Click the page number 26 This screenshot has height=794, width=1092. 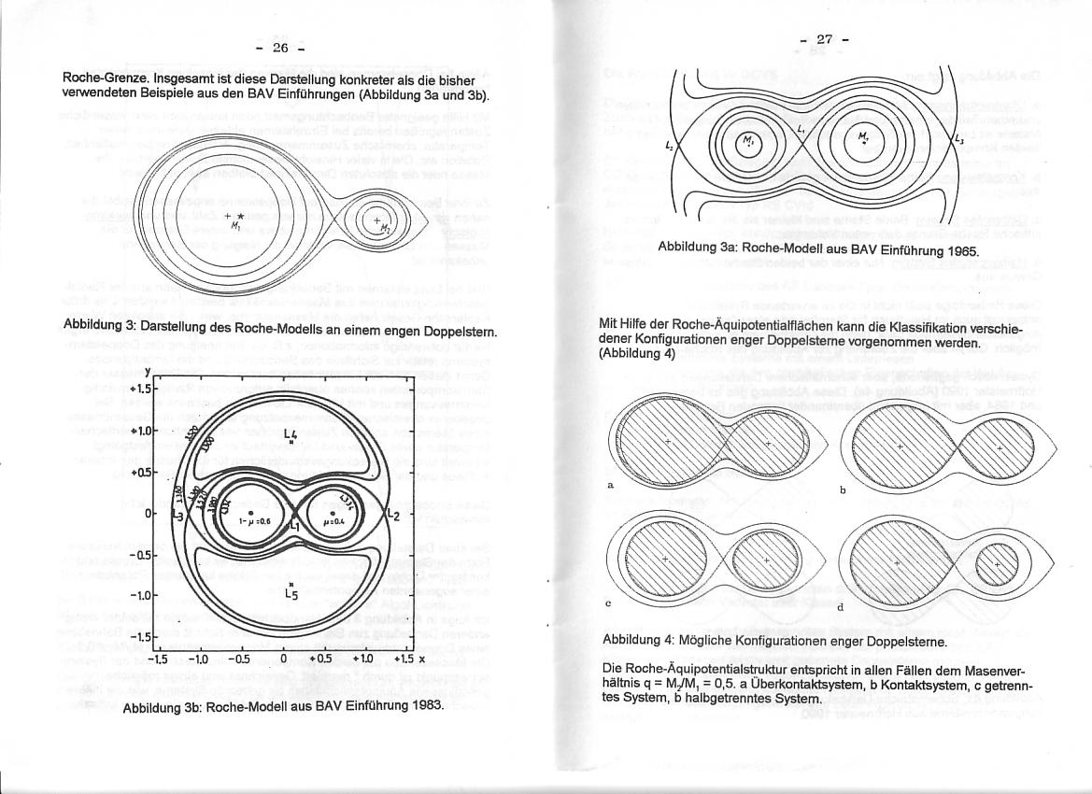[x=279, y=48]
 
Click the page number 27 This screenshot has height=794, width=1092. [x=824, y=39]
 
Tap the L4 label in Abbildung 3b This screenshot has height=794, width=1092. [x=291, y=435]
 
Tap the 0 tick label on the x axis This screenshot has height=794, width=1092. [x=283, y=658]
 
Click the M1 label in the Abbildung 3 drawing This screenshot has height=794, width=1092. [x=237, y=225]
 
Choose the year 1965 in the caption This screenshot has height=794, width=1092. [x=959, y=252]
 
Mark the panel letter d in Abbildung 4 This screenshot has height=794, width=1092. [x=840, y=606]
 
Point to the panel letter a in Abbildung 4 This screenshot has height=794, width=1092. [x=610, y=485]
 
